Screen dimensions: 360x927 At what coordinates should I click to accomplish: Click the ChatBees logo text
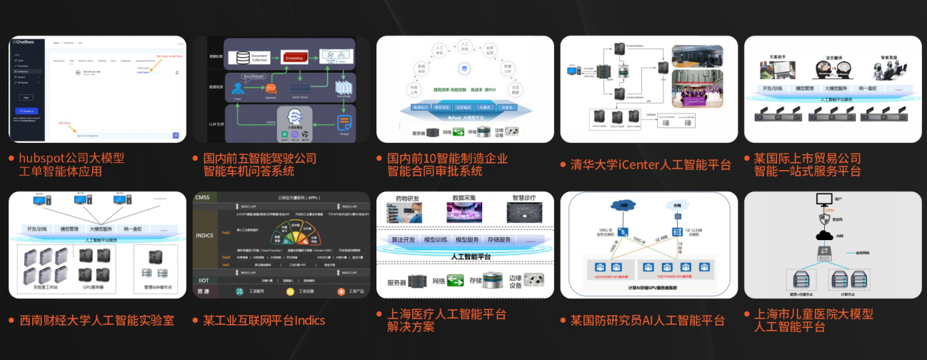(26, 43)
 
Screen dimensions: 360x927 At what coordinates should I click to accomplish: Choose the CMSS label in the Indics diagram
(203, 197)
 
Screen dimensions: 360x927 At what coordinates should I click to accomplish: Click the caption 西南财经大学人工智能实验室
(97, 321)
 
